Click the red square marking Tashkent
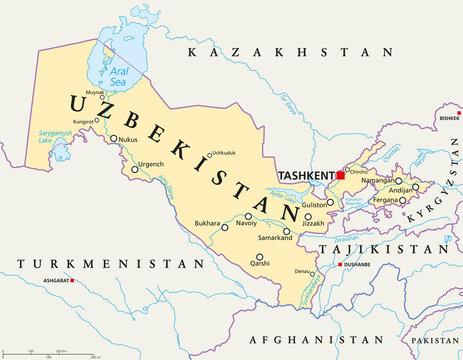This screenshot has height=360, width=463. click(x=340, y=175)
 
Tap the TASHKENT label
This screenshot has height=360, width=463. click(x=305, y=174)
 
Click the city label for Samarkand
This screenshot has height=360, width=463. click(x=274, y=237)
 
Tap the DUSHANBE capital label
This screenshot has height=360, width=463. click(x=358, y=264)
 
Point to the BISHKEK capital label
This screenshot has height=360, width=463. click(x=448, y=118)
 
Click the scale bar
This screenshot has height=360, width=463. click(x=50, y=351)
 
